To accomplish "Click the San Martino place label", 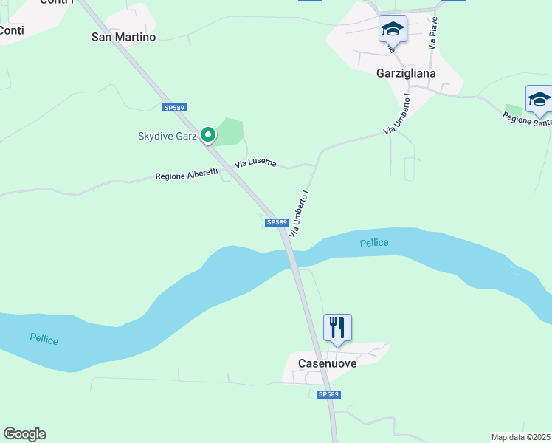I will tap(123, 36).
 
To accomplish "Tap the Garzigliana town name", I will tap(406, 73).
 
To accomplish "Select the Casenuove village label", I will tap(327, 363).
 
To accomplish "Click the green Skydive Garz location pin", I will tap(208, 134).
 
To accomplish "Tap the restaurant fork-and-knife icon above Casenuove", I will tap(337, 327).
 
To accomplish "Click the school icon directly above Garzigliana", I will tap(393, 30).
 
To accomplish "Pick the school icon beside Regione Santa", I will tap(539, 100).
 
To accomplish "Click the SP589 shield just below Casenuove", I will tap(328, 395).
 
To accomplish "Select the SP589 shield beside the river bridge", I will tap(275, 222).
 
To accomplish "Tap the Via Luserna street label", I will tap(255, 163).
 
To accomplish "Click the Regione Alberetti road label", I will tap(187, 175).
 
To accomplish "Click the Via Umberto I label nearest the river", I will tap(298, 213).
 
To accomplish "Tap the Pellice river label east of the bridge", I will tap(374, 243).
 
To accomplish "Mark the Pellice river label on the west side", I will tap(44, 339).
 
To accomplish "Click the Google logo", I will tap(24, 434).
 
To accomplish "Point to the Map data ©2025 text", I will tap(521, 437).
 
